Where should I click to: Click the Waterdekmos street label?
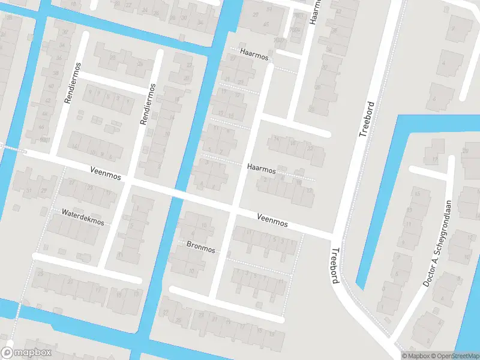click(x=83, y=217)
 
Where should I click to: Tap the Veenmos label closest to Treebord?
click(x=272, y=220)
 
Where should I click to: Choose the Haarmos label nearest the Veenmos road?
click(x=261, y=170)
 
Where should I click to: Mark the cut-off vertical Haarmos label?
click(x=314, y=12)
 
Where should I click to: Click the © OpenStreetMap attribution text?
click(x=453, y=356)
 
